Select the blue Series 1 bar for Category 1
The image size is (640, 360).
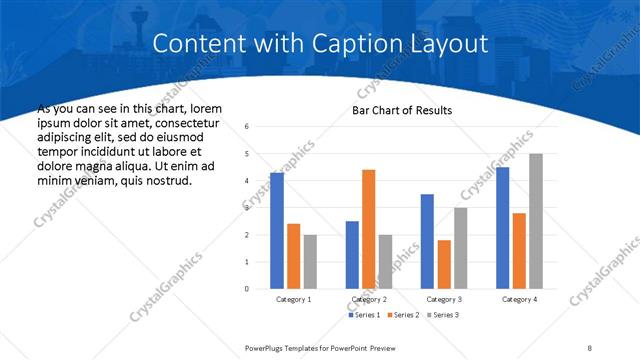click(277, 230)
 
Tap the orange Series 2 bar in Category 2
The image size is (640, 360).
click(368, 229)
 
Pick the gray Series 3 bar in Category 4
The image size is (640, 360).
click(536, 221)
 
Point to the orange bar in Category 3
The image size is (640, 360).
click(444, 264)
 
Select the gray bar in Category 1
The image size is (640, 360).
click(310, 261)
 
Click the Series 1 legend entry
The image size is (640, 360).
click(363, 315)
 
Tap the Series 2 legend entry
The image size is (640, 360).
click(401, 315)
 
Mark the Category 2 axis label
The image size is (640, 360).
click(369, 299)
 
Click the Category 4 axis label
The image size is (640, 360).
click(519, 299)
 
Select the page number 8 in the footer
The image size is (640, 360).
click(590, 347)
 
